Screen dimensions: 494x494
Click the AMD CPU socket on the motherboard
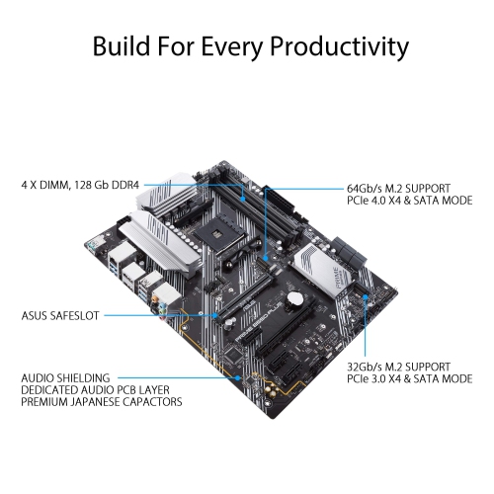click(220, 231)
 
